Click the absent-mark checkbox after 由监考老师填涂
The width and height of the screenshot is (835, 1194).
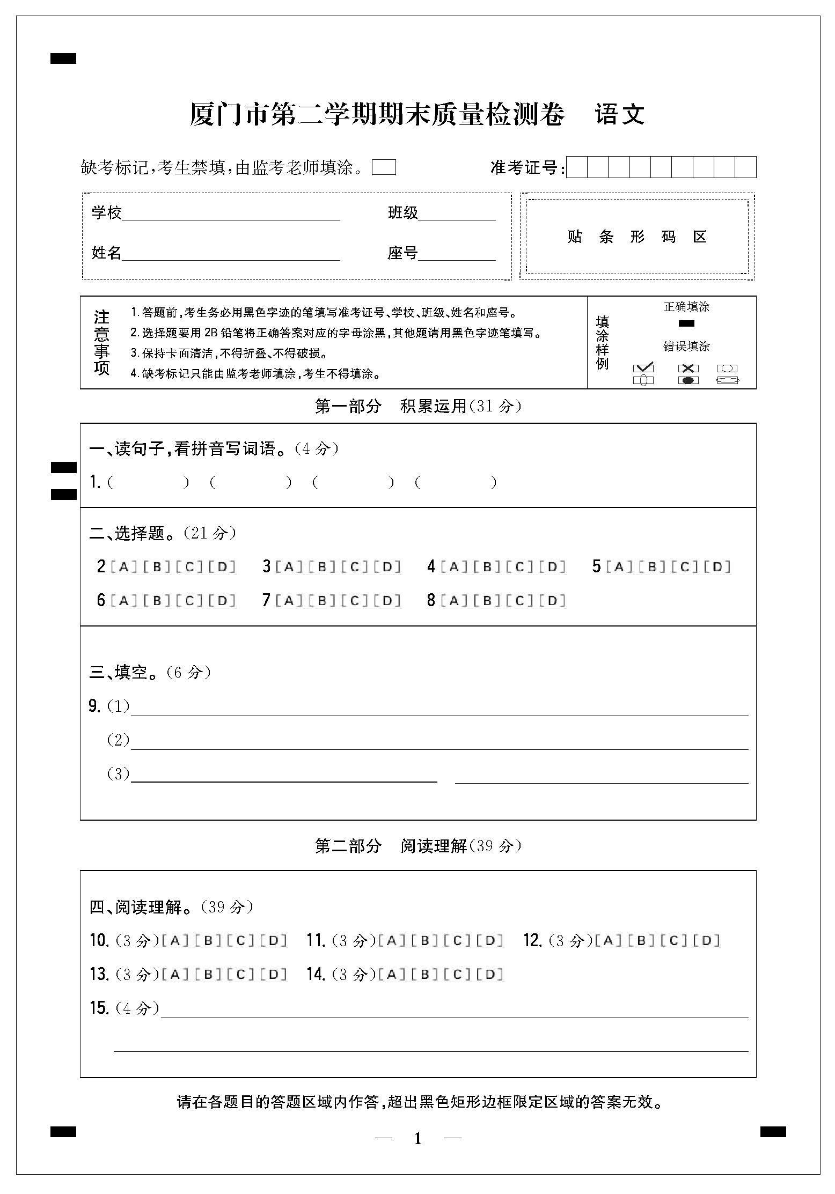point(384,167)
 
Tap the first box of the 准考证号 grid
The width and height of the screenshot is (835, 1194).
point(577,167)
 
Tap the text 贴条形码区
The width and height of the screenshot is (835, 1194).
point(637,237)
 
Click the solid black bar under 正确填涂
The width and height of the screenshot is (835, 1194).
point(686,323)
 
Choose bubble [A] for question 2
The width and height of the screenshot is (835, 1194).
point(124,567)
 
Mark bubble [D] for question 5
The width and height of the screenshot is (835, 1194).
point(717,567)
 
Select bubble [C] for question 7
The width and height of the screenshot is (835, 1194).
point(355,601)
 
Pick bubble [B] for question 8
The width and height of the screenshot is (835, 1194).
point(487,601)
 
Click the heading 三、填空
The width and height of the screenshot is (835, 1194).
point(126,672)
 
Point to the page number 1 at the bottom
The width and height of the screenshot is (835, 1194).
point(418,1139)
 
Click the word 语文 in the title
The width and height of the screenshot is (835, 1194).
point(620,114)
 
